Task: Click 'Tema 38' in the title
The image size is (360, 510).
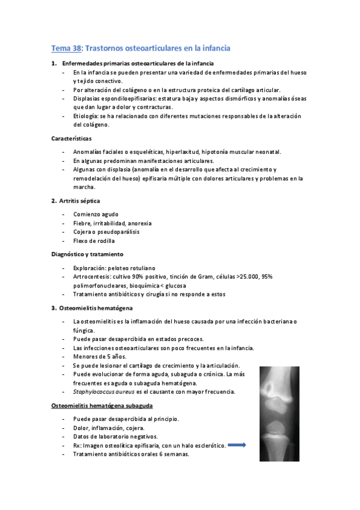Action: (64, 48)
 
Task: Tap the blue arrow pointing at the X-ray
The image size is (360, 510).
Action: (238, 445)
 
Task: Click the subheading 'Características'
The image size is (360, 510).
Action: (72, 138)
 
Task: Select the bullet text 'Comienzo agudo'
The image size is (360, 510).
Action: (96, 214)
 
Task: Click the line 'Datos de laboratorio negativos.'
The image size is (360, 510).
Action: (115, 437)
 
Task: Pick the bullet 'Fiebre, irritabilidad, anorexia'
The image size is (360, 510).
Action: (112, 223)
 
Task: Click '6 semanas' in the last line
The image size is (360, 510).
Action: (174, 454)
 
